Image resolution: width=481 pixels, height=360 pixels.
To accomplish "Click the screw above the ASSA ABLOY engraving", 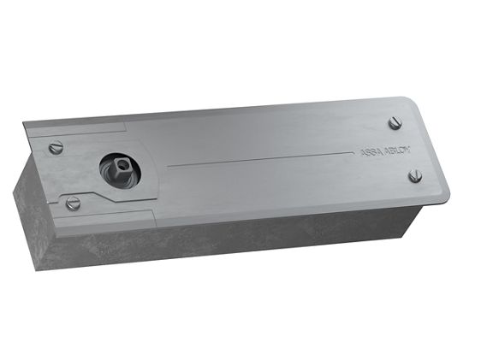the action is click(x=395, y=123).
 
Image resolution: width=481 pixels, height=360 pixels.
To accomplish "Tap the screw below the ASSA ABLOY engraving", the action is click(x=415, y=176).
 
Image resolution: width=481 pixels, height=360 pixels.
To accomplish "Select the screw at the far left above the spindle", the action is click(x=56, y=148).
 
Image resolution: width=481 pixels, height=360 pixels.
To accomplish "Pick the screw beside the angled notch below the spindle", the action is click(x=74, y=204).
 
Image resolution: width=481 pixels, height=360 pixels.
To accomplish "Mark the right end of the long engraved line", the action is click(x=353, y=152).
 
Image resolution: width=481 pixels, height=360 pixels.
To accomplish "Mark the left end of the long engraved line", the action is click(x=168, y=168).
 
